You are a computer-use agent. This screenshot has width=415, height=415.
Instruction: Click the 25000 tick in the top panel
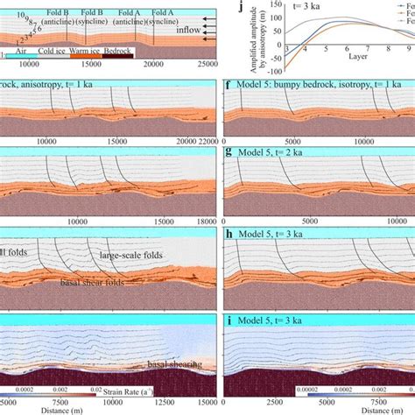[207, 64]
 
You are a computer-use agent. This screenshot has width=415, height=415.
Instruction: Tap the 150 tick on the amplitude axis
[270, 3]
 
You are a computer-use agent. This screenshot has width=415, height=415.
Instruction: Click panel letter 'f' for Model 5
[229, 86]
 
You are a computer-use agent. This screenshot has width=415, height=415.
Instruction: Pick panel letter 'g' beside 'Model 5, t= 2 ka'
[229, 151]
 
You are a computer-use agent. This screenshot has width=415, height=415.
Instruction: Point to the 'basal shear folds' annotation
[91, 282]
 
